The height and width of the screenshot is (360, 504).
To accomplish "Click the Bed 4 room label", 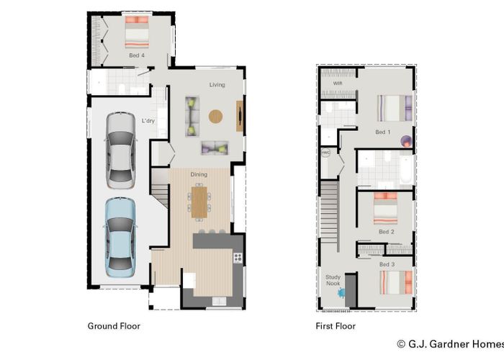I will coord(137,55).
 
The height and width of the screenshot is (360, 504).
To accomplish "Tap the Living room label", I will coord(217,85).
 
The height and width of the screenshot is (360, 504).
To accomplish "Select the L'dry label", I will coord(148,121).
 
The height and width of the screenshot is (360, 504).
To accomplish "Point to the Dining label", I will coord(199,174).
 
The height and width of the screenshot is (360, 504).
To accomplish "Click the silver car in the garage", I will coord(120,150).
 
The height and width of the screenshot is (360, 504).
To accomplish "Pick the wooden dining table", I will coord(199,199).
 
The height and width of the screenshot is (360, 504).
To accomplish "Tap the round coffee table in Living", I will coord(216,115).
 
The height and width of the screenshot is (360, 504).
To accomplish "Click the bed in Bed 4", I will coord(137,32).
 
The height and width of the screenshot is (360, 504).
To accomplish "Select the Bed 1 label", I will coord(383,132).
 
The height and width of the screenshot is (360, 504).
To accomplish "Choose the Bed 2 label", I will coord(386,232).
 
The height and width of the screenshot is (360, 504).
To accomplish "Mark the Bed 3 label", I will coord(387,265).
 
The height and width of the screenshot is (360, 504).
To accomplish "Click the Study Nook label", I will coord(333,280).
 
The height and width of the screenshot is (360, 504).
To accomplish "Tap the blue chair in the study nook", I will coord(341,293).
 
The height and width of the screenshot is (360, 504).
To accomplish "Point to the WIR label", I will coord(337,84).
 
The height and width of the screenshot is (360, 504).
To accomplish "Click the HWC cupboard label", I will coord(325,153).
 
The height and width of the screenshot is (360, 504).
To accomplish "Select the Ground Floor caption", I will coord(114,326).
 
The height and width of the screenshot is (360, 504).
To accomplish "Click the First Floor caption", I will coord(336,326).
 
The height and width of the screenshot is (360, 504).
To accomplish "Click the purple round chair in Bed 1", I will coord(406,141).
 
